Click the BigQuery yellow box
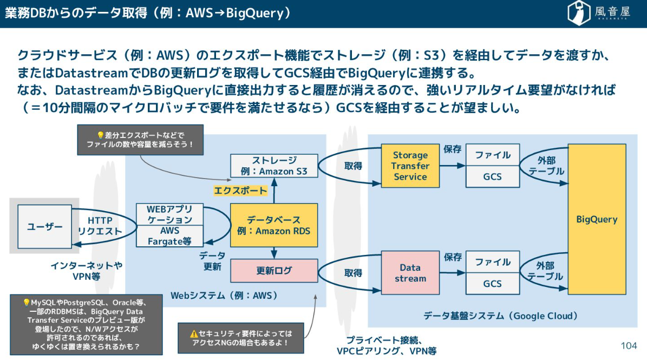(597, 219)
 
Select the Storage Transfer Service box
(410, 166)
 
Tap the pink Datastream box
(410, 273)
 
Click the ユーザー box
(45, 227)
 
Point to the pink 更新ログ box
(274, 271)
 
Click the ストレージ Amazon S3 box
(274, 166)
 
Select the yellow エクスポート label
(240, 191)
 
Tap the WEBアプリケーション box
(169, 214)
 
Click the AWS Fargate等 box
(169, 237)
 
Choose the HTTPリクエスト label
(100, 226)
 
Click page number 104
(629, 345)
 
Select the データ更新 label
(212, 261)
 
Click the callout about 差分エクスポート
(140, 140)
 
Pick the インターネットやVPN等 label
(86, 271)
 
